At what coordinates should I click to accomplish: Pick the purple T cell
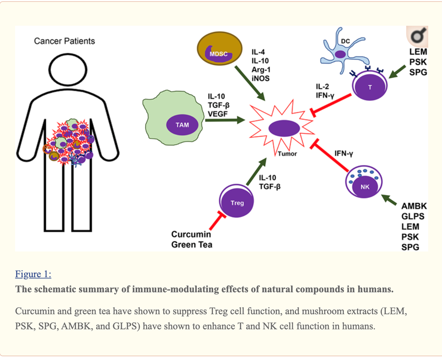point(369,86)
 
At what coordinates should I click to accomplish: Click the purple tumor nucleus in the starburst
point(284,130)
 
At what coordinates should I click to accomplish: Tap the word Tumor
point(287,154)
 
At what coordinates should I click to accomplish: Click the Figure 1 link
point(33,274)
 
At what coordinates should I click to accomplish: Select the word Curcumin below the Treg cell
point(191,235)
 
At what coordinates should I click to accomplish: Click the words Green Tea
point(192,245)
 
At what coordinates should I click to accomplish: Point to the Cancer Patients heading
point(64,41)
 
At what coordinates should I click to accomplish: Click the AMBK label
point(414,206)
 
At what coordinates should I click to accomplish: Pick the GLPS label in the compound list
point(413,216)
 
